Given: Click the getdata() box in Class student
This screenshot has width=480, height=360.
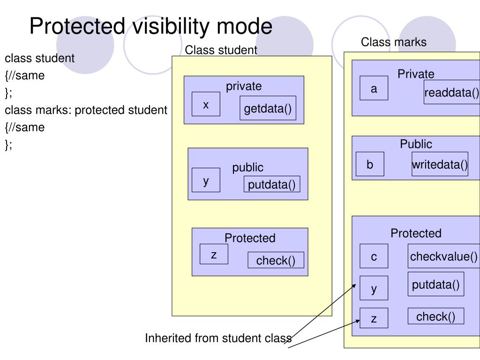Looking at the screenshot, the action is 268,108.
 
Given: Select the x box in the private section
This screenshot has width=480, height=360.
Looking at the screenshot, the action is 206,104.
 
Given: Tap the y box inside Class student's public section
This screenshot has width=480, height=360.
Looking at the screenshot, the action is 206,180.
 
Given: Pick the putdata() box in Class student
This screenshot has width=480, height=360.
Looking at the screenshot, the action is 272,184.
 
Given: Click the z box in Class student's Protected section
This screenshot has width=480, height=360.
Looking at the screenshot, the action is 214,254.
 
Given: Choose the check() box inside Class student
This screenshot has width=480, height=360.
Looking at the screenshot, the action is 276,260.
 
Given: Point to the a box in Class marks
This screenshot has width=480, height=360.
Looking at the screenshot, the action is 374,88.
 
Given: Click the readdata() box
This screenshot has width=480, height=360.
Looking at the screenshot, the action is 452,92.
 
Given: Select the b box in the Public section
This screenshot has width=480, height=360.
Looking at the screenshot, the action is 370,164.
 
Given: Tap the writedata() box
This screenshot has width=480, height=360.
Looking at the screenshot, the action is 440,164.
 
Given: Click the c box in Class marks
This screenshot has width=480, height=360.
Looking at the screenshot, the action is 374,256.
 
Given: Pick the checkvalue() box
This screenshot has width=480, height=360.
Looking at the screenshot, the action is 444,256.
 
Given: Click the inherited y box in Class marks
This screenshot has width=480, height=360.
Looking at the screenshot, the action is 374,288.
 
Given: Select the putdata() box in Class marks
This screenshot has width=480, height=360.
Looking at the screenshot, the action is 436,284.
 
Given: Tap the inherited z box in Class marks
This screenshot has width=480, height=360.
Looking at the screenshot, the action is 374,318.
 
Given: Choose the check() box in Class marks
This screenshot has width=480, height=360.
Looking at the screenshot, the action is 436,316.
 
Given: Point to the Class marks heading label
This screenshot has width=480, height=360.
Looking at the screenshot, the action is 394,42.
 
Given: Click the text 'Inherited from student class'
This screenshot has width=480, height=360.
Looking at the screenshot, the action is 218,338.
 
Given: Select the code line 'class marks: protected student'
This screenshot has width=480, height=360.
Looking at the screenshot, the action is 86,110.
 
